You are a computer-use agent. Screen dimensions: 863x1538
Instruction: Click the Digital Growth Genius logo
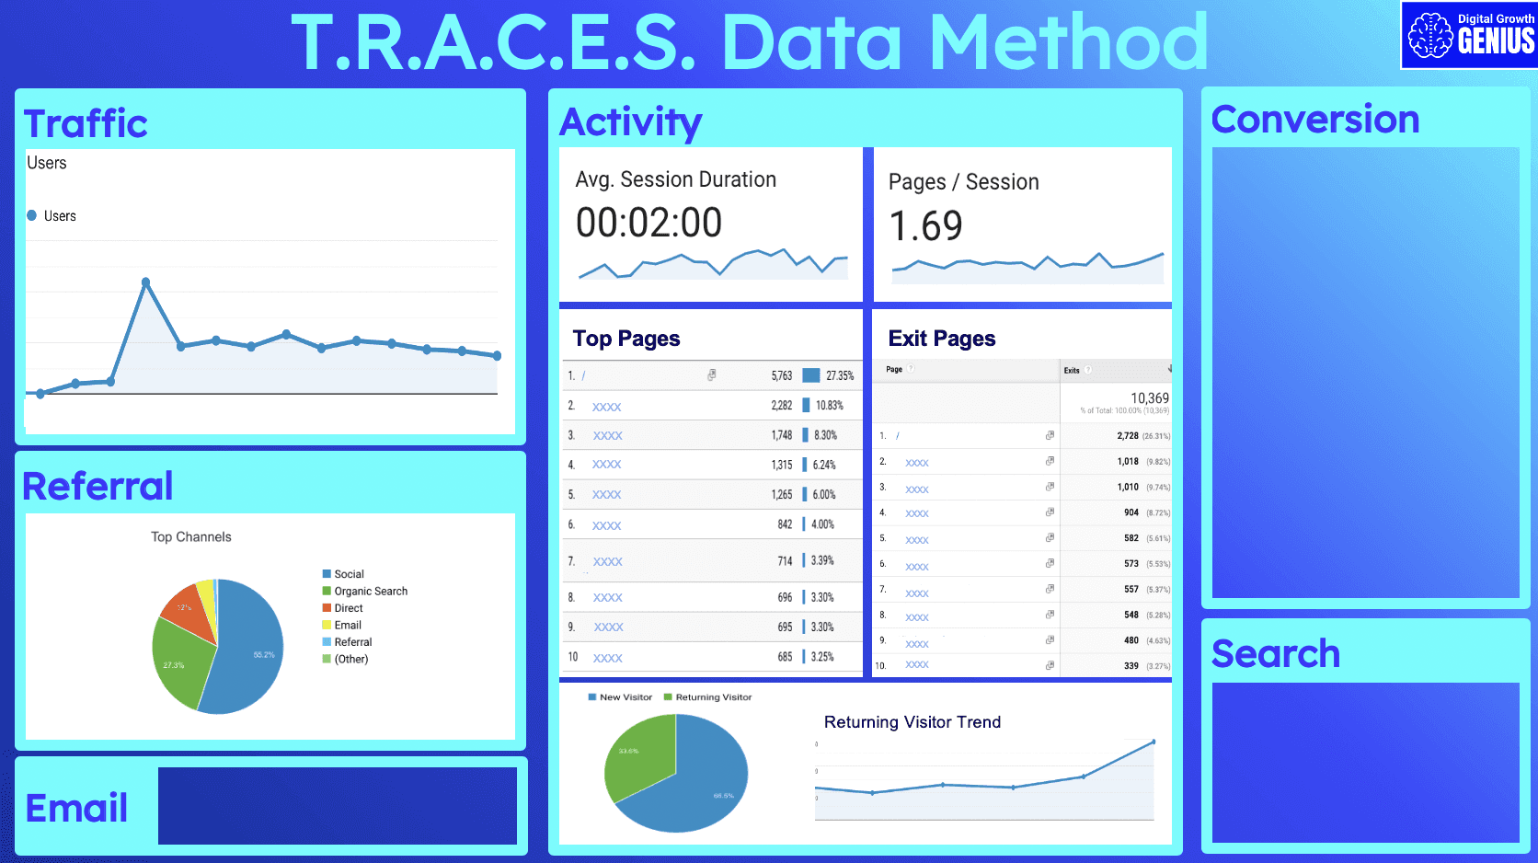pyautogui.click(x=1469, y=35)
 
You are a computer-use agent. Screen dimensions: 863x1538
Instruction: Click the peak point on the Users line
pyautogui.click(x=145, y=282)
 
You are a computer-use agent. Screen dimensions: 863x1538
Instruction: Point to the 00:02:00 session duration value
pyautogui.click(x=648, y=223)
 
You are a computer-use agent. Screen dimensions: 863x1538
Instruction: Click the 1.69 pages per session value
pyautogui.click(x=925, y=226)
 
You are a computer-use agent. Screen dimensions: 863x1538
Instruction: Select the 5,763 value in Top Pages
pyautogui.click(x=781, y=375)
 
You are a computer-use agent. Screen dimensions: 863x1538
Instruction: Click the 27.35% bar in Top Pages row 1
pyautogui.click(x=810, y=375)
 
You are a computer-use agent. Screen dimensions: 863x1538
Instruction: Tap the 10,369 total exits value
pyautogui.click(x=1149, y=398)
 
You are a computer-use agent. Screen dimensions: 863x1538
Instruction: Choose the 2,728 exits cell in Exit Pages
pyautogui.click(x=1127, y=436)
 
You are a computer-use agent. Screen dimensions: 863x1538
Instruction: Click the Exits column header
pyautogui.click(x=1072, y=371)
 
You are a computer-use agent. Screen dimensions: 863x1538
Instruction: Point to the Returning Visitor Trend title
pyautogui.click(x=912, y=722)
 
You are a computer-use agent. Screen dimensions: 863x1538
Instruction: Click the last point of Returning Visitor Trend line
pyautogui.click(x=1153, y=742)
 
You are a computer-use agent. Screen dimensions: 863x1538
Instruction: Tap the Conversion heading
pyautogui.click(x=1314, y=120)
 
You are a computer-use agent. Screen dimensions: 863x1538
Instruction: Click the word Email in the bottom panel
pyautogui.click(x=76, y=808)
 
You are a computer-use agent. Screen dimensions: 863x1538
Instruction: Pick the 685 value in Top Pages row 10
pyautogui.click(x=784, y=657)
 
